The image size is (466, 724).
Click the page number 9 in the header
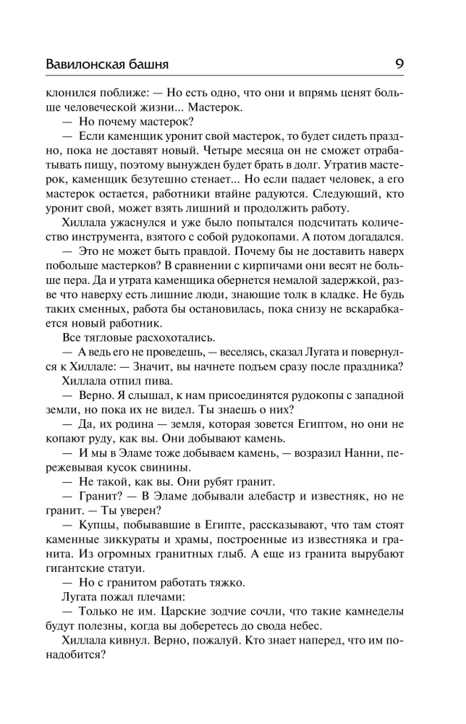[x=399, y=63]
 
